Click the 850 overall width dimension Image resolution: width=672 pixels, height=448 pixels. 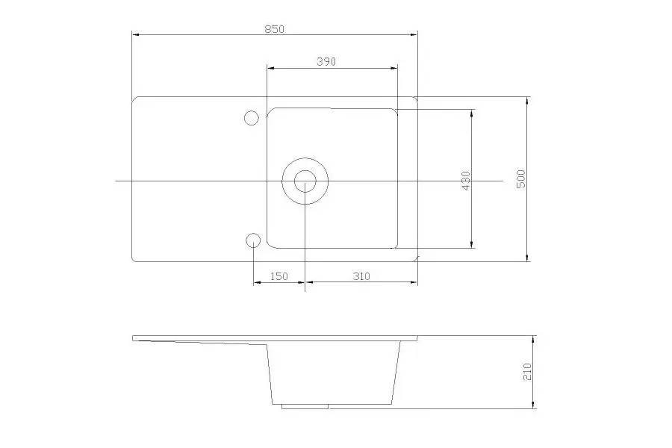pos(274,28)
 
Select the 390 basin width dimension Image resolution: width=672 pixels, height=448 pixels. pos(326,62)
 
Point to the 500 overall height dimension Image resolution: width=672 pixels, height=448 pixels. pos(521,179)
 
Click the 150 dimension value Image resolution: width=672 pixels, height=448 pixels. pos(279,276)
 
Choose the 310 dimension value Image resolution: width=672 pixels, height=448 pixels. pos(360,276)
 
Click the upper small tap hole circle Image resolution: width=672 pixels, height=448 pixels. pos(251,117)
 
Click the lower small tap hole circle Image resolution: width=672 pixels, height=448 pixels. pos(252,240)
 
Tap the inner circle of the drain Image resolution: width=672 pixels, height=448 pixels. pos(305,180)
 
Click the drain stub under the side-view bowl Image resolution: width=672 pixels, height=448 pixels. pos(305,406)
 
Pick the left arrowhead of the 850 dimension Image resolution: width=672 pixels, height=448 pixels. pos(136,34)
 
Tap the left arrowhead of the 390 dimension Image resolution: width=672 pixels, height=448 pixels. pos(271,68)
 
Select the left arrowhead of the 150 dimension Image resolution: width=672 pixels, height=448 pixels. pos(257,283)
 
